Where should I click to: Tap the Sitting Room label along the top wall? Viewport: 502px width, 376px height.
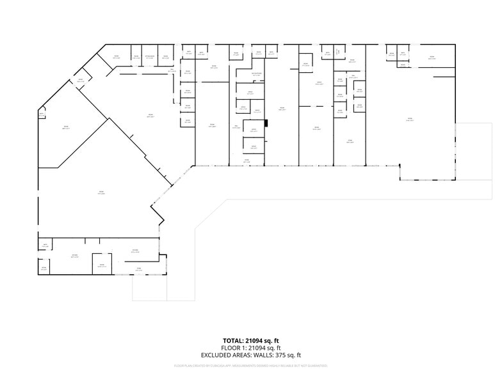(149, 58)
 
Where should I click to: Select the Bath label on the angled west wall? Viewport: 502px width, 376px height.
(42, 115)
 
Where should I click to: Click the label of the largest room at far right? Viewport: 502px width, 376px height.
(410, 120)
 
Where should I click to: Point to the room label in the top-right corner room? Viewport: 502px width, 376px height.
(431, 58)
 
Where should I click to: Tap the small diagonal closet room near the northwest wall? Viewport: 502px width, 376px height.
(81, 81)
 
